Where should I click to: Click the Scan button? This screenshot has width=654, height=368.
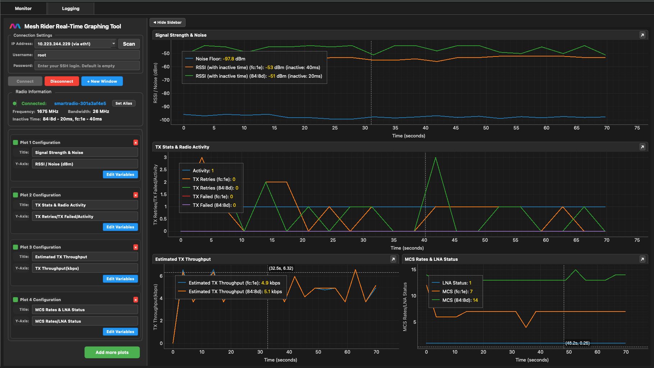point(129,44)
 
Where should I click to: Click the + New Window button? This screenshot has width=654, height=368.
point(102,81)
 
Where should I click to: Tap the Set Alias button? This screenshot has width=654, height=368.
point(124,103)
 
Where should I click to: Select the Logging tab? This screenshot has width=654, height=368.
point(70,8)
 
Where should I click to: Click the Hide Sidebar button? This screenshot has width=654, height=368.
point(168,22)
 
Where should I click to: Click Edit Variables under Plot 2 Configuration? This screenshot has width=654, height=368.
point(120,227)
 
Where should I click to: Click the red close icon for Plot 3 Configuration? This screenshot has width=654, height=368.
point(136,247)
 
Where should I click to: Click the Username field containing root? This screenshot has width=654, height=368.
point(87,55)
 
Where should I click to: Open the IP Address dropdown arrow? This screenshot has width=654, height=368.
point(113,44)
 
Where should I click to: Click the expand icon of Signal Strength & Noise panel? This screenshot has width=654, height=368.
point(642,35)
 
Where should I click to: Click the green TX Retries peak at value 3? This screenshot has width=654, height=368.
point(435,158)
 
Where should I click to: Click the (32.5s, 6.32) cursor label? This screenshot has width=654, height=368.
point(281,268)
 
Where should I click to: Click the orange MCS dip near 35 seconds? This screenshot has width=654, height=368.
point(526,327)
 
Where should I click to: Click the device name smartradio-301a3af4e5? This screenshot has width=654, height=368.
point(80,103)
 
